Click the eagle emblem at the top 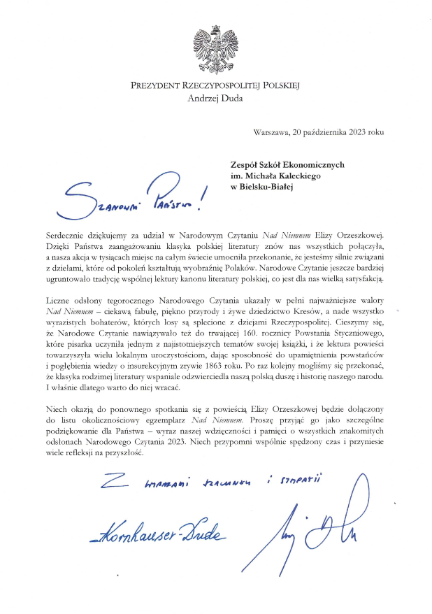click(215, 49)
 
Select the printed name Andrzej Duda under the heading click(215, 98)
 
